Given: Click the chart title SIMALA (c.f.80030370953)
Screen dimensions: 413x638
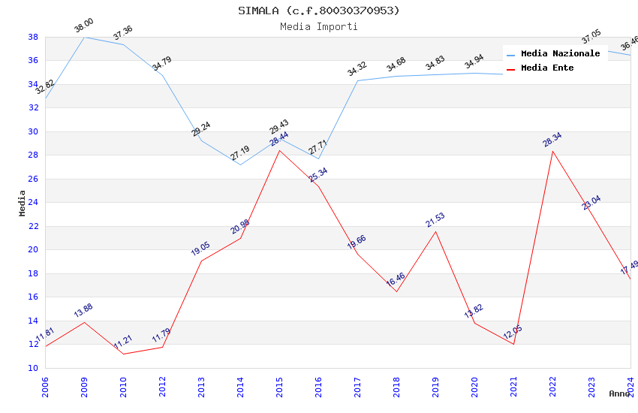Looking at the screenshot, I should point(319,11).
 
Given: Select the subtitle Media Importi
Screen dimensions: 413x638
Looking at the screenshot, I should point(319,26).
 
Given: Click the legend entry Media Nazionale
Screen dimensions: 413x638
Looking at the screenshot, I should point(560,54).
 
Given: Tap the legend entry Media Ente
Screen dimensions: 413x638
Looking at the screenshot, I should point(547,68).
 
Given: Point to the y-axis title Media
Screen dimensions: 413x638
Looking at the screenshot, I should point(23,203).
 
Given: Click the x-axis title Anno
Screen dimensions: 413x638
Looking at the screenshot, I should point(619,393).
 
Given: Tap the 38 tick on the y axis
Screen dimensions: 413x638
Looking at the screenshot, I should point(33,37).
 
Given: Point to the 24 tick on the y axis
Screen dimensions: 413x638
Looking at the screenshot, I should point(33,203).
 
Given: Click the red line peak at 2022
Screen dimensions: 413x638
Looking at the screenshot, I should point(552,151).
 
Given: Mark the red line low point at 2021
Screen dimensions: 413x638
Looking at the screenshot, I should point(513,344).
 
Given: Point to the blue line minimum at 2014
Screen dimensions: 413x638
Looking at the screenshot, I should point(240,164).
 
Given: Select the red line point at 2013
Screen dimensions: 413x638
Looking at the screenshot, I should point(201,261).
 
